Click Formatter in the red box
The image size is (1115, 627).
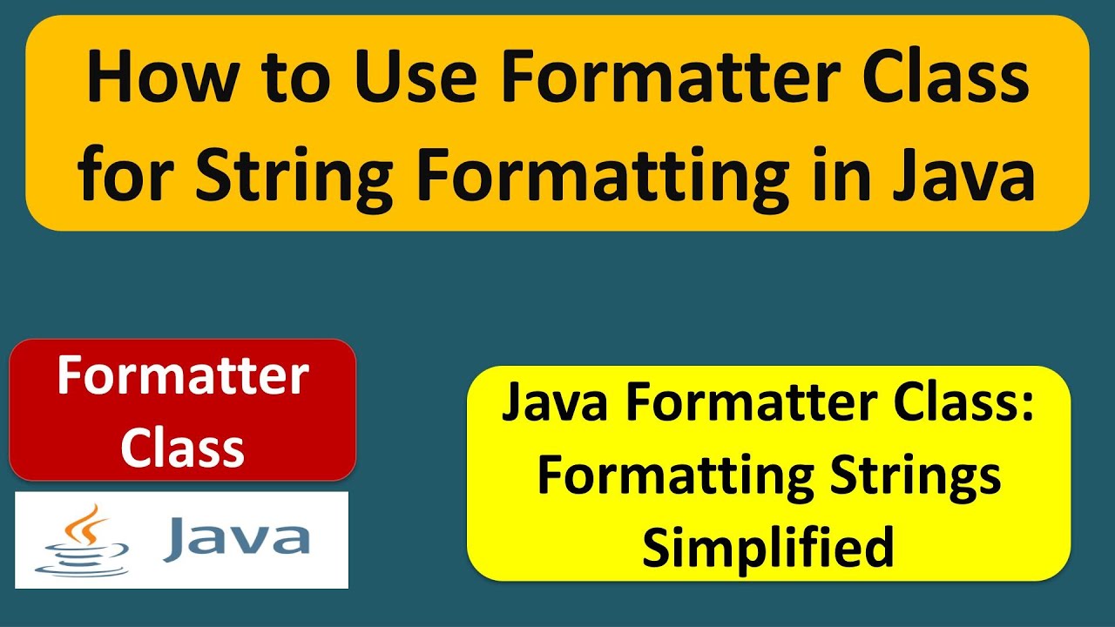pos(183,376)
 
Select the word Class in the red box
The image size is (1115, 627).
pos(183,447)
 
